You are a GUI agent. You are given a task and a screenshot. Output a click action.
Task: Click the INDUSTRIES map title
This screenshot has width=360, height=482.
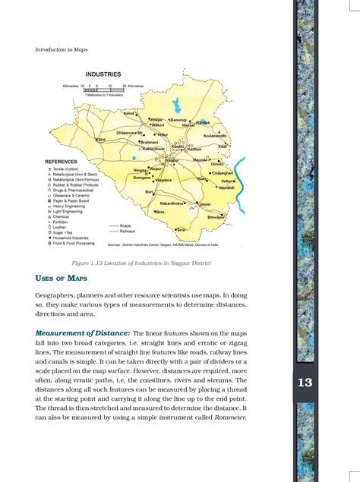[x=103, y=74]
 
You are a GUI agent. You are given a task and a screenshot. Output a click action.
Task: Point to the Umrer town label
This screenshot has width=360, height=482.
[x=205, y=205]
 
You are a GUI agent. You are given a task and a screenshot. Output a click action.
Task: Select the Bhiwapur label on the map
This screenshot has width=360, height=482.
[x=216, y=218]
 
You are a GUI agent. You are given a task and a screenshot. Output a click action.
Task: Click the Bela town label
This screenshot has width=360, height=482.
[x=160, y=213]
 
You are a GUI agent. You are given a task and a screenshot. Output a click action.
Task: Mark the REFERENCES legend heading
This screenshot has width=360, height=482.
[x=64, y=162]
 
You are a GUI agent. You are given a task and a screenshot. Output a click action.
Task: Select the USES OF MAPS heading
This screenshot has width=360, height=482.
[x=62, y=277]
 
